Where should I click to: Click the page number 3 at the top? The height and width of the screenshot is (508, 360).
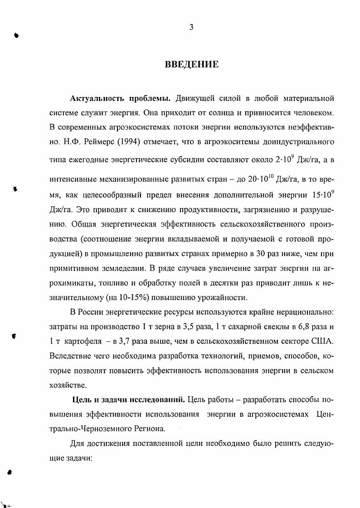click(191, 27)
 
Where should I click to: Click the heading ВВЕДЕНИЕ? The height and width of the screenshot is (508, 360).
click(191, 64)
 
